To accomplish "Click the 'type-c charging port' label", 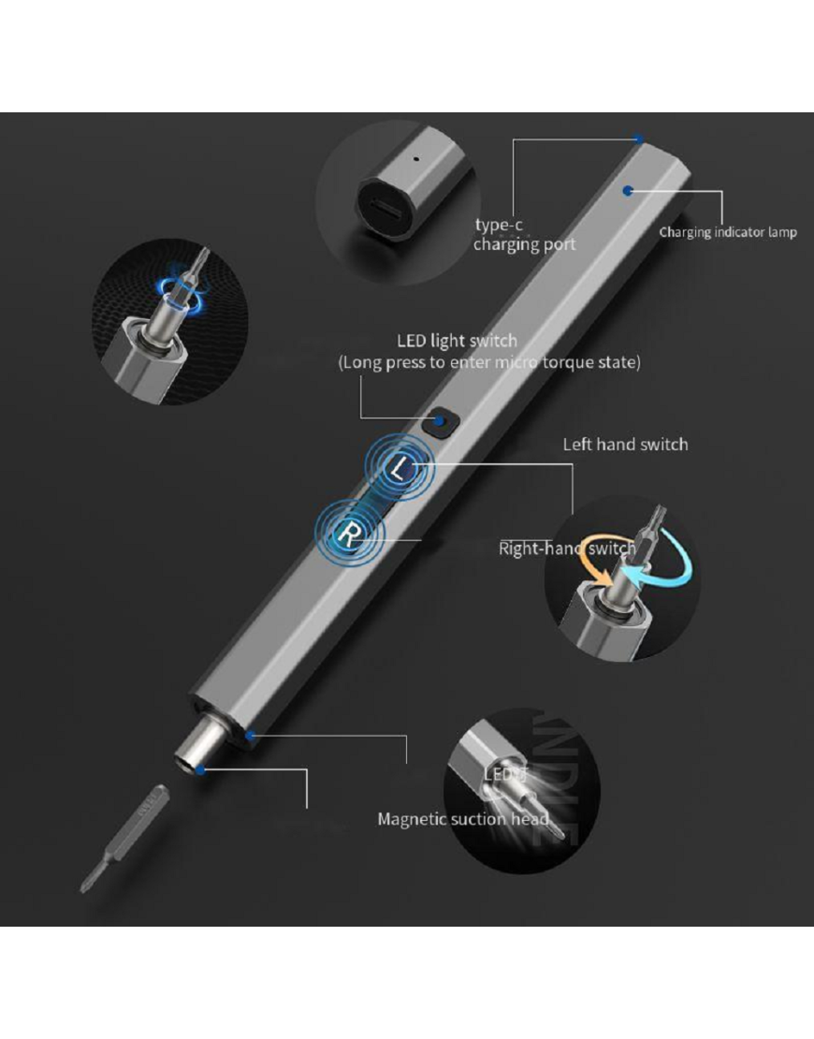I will tap(524, 235).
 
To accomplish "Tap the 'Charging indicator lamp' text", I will tap(727, 232).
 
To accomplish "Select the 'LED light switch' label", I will tap(457, 341).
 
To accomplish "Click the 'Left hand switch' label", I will tap(625, 444).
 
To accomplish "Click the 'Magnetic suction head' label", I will tap(462, 819).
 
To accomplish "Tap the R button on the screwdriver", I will tap(348, 534).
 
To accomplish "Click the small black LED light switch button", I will tap(438, 422).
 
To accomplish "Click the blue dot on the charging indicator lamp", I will tap(629, 190).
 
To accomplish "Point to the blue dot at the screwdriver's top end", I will tap(638, 139).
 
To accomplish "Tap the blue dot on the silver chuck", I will tap(201, 769).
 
